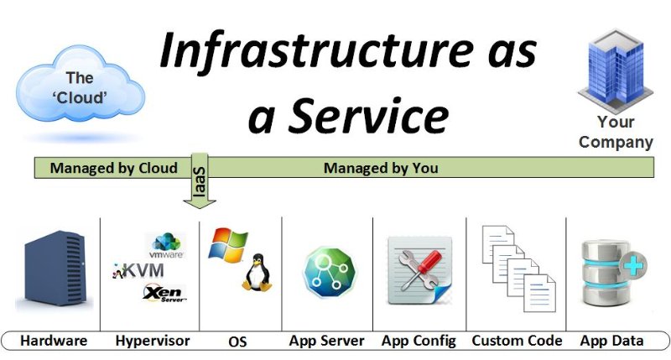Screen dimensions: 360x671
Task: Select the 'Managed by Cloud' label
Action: tap(113, 168)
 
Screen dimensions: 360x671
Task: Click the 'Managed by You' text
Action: tap(381, 168)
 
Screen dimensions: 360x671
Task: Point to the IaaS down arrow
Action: tap(200, 180)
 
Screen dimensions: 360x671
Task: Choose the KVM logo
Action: tap(141, 270)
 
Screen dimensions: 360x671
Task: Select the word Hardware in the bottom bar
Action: tap(54, 341)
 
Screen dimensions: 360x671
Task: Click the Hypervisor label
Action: tap(152, 341)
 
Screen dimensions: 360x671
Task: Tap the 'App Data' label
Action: tap(612, 341)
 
